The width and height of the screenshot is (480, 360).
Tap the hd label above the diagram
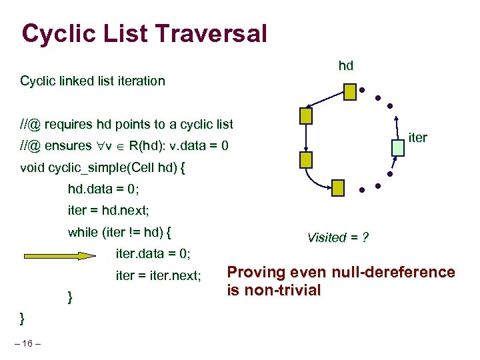(x=346, y=65)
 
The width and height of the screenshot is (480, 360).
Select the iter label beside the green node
(x=417, y=138)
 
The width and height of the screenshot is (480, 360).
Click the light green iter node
(x=398, y=149)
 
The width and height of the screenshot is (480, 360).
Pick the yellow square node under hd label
(x=350, y=91)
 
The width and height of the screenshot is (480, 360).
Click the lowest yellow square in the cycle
(x=338, y=187)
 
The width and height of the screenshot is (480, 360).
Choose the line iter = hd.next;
(x=109, y=211)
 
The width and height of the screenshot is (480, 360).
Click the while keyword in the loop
(x=83, y=233)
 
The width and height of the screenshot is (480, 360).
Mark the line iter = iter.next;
(x=159, y=275)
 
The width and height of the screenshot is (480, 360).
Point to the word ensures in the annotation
(x=69, y=145)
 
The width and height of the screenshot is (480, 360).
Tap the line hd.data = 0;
(x=103, y=189)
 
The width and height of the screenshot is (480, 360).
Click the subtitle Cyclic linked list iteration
(x=93, y=81)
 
